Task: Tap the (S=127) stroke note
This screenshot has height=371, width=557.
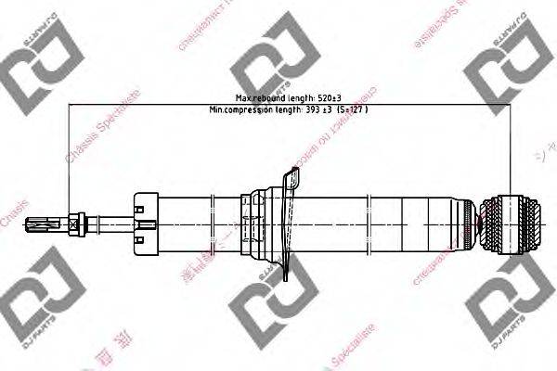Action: point(353,109)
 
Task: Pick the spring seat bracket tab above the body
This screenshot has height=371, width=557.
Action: point(294,177)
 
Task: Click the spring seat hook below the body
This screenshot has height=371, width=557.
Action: point(293,269)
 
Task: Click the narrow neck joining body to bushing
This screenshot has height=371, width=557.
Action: point(479,225)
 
